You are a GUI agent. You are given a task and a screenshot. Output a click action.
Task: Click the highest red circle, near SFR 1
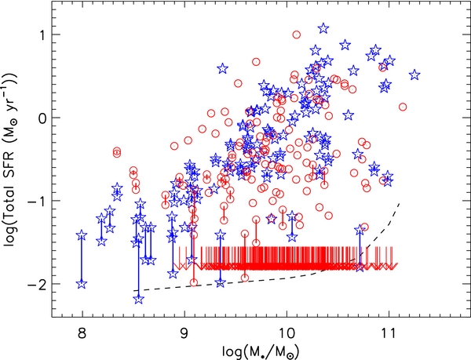coord(296,35)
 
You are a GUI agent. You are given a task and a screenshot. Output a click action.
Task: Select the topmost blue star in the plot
coord(323,28)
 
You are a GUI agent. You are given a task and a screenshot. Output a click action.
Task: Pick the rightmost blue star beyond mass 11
coord(414,75)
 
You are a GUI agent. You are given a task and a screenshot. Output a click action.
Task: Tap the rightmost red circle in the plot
coord(403,107)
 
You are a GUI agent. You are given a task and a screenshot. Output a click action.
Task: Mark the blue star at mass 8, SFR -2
coord(82,284)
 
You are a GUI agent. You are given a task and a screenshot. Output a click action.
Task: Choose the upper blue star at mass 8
coord(82,235)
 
